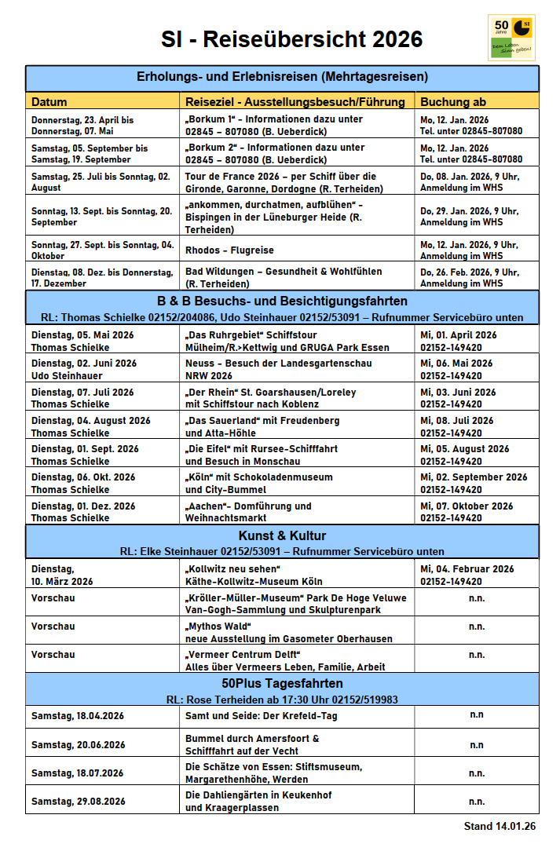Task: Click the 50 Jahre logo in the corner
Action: (x=511, y=37)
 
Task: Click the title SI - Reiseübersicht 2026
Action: (x=292, y=39)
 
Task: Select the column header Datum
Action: (x=49, y=101)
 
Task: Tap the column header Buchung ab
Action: (x=453, y=101)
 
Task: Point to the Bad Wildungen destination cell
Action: (x=284, y=276)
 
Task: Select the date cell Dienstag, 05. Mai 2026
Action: (x=82, y=340)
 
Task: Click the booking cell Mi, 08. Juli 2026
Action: (x=458, y=426)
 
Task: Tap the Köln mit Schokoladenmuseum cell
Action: (x=259, y=482)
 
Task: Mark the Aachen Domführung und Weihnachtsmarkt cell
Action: (x=248, y=511)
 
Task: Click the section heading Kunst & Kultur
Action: (x=282, y=536)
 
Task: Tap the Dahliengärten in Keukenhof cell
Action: (x=258, y=801)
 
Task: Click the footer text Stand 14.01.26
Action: (x=500, y=826)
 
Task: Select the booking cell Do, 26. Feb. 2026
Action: (x=469, y=277)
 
